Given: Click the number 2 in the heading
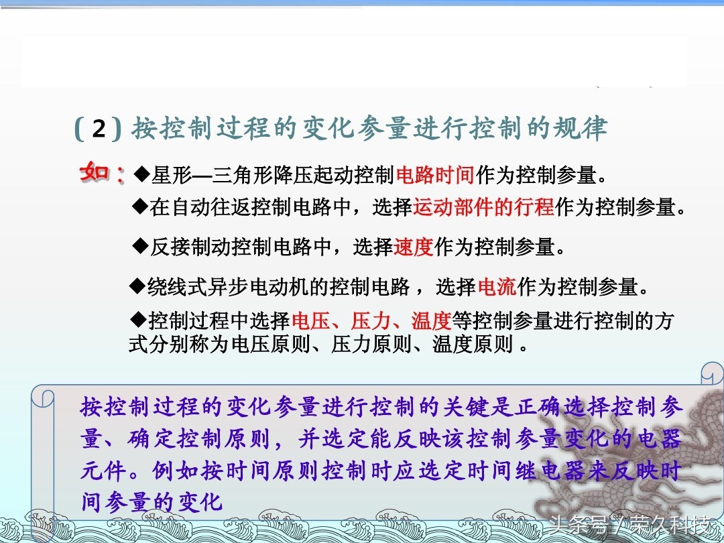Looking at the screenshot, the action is pos(99,128).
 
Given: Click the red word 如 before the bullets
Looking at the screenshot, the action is pos(95,172).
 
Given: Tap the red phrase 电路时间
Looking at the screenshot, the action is pos(436,175).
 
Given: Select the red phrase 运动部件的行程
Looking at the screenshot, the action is pos(483,207).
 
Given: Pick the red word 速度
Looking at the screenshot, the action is pos(413,247).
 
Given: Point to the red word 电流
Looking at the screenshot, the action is pos(497,287).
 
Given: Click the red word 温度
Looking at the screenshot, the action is pos(431,320).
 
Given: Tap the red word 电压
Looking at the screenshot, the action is pos(311,320).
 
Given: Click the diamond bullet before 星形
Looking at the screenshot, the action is pos(141,174).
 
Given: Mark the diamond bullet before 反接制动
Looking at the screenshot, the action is pos(140,246).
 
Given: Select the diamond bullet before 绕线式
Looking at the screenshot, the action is pos(137,286).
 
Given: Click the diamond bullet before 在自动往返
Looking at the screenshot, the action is pos(140,206).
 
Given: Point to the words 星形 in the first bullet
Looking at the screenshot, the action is pos(172,175).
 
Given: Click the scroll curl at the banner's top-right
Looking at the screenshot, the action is pos(711,373).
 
